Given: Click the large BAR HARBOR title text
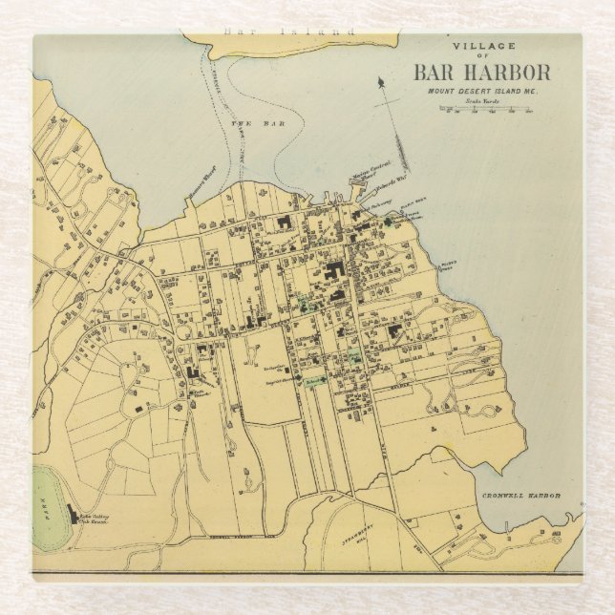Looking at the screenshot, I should [x=481, y=73].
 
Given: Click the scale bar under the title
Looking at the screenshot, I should [x=486, y=110].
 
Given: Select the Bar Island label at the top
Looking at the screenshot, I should [x=287, y=32].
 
